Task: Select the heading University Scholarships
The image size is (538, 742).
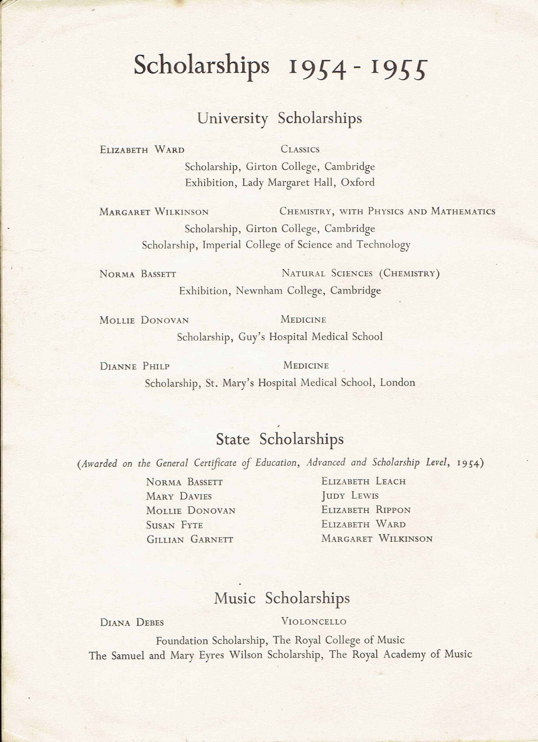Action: [x=279, y=119]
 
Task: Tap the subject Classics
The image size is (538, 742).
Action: [x=300, y=150]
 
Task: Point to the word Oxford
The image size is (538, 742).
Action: [x=358, y=182]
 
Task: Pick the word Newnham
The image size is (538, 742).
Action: [x=259, y=290]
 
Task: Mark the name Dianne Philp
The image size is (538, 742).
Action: [x=134, y=366]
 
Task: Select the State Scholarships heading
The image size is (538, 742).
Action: [x=279, y=439]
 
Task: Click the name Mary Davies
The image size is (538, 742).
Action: [x=179, y=496]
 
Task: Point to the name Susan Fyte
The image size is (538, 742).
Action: [x=175, y=525]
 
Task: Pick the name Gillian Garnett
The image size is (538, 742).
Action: [x=190, y=539]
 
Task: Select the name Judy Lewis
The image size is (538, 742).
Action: [x=349, y=496]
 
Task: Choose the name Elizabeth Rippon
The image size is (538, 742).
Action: [x=366, y=510]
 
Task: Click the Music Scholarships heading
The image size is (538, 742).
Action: [x=282, y=598]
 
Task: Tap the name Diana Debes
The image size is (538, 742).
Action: [x=132, y=622]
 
